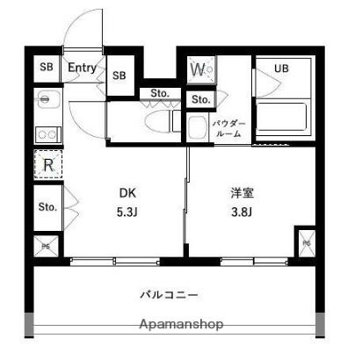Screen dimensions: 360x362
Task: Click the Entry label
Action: tap(82, 67)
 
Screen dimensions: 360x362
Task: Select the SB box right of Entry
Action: tap(119, 76)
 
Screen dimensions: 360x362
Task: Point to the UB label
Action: tap(281, 68)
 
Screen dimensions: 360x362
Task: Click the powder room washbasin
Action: tap(198, 128)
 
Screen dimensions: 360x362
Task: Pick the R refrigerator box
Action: tap(48, 164)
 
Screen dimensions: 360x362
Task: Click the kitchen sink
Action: tap(46, 99)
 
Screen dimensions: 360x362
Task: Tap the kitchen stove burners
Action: tap(47, 134)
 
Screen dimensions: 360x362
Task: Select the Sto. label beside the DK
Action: tap(47, 207)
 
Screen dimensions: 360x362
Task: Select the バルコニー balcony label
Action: tap(169, 294)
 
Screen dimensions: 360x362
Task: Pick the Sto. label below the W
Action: tap(199, 98)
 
